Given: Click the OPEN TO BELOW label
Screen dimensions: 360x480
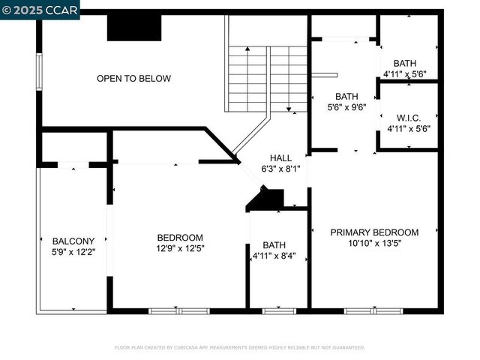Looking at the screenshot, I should click(133, 79).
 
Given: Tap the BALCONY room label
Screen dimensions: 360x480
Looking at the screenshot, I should click(73, 241).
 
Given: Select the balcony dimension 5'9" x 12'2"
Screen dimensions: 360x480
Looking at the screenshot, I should click(73, 252).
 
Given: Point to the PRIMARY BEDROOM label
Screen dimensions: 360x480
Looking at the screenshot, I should click(374, 232).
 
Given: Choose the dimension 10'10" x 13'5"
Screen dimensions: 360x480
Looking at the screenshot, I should click(374, 244).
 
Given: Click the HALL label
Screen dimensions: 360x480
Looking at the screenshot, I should click(280, 158).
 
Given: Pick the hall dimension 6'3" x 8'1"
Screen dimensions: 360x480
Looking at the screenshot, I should click(280, 169).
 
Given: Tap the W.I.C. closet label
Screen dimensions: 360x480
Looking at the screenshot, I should click(408, 118).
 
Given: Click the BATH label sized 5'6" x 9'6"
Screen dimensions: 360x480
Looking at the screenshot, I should click(346, 97).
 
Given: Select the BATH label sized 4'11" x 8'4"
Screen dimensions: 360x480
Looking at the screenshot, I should click(274, 245).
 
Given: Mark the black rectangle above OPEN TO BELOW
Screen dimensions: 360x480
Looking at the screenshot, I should click(135, 28).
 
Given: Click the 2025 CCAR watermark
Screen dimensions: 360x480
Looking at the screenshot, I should click(39, 9).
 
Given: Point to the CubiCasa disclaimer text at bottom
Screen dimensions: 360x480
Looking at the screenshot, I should click(239, 347).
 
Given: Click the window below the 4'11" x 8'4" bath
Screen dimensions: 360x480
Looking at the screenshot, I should click(278, 310).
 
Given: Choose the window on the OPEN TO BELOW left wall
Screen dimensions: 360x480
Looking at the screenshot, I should click(40, 72).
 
